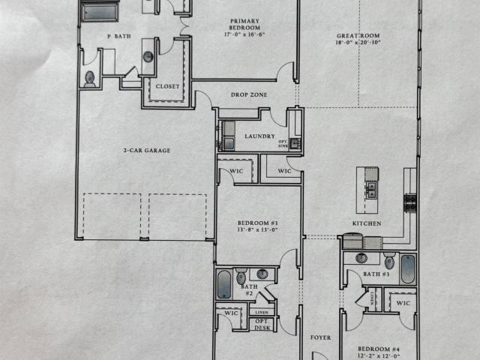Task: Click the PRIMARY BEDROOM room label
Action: coord(244,24)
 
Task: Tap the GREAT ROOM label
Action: coord(358,36)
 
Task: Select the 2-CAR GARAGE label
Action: coord(147,150)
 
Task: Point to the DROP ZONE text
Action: coord(249,94)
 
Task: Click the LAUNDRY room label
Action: coord(260,136)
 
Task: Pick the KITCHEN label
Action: coord(367,223)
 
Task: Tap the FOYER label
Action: coord(320,337)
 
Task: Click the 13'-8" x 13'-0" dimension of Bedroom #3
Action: coord(258,229)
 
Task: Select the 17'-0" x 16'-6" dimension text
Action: coord(244,34)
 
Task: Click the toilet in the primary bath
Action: coord(90,79)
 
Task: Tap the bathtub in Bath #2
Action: coord(224,284)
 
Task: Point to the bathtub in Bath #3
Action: coord(408,269)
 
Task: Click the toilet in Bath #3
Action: coord(389,261)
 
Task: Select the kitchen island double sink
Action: coord(371,190)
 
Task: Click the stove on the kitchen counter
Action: coord(410,203)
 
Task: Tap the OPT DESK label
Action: coord(262,325)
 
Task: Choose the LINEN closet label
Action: coord(262,312)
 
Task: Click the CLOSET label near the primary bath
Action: coord(167,86)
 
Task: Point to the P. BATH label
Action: coord(119,36)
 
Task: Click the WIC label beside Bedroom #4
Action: coord(403,303)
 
